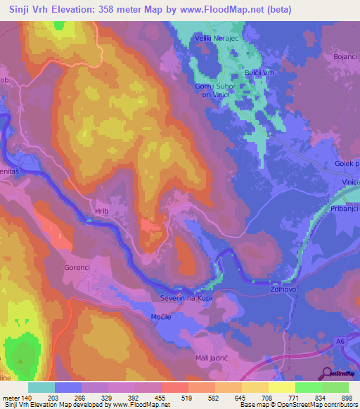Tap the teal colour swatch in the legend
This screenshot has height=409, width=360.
coord(41,387)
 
